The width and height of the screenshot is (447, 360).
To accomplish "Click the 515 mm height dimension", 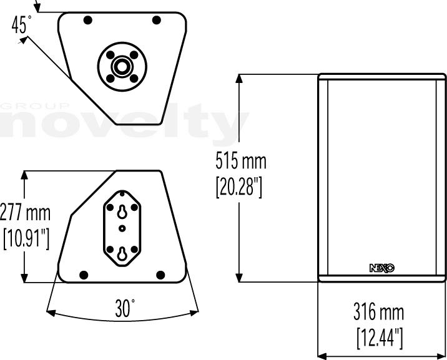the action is (241, 161).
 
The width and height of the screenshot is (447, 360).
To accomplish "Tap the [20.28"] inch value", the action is (239, 187).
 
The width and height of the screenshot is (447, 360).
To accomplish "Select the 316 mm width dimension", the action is (378, 312).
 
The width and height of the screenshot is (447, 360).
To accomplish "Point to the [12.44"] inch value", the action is (380, 338).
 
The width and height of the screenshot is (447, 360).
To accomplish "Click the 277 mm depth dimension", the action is (25, 212).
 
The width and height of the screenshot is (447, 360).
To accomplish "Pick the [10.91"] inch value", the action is (26, 238).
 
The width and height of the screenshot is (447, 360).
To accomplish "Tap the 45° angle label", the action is (21, 24).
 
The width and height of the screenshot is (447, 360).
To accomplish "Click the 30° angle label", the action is (125, 308).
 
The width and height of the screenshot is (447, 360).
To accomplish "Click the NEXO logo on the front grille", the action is (382, 268).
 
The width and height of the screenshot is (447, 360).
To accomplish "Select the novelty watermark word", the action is (124, 123).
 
